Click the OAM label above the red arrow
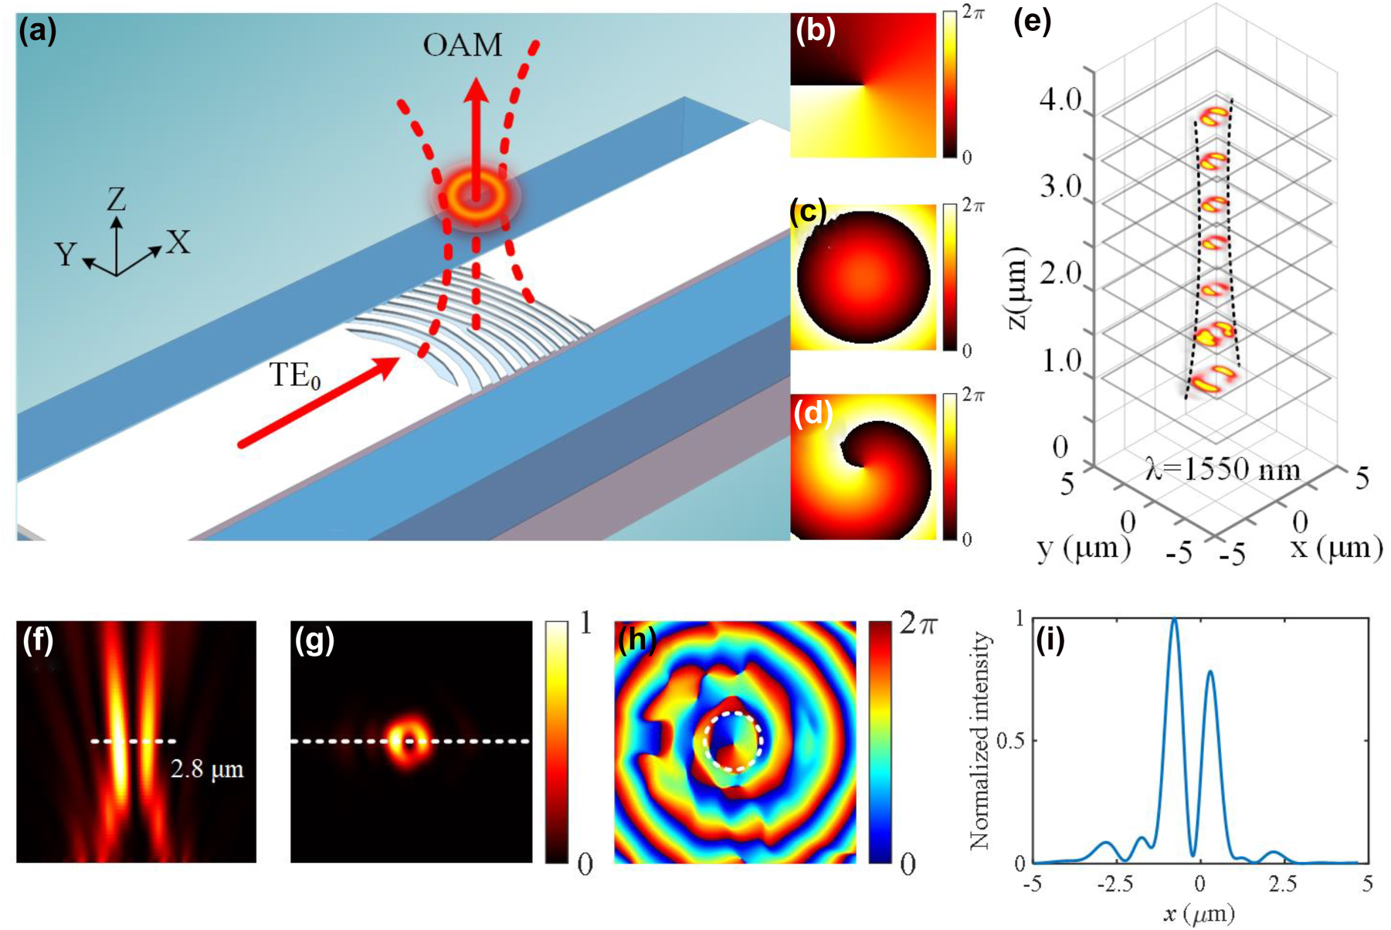tap(462, 46)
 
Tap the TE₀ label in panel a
tap(295, 376)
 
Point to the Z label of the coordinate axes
tap(116, 201)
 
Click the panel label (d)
tap(813, 415)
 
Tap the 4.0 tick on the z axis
tap(1060, 100)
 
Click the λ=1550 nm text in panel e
tap(1223, 470)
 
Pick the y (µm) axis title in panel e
tap(1084, 548)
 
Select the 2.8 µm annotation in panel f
tap(207, 769)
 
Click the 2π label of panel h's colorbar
tap(918, 625)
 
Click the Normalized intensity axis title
tap(980, 740)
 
